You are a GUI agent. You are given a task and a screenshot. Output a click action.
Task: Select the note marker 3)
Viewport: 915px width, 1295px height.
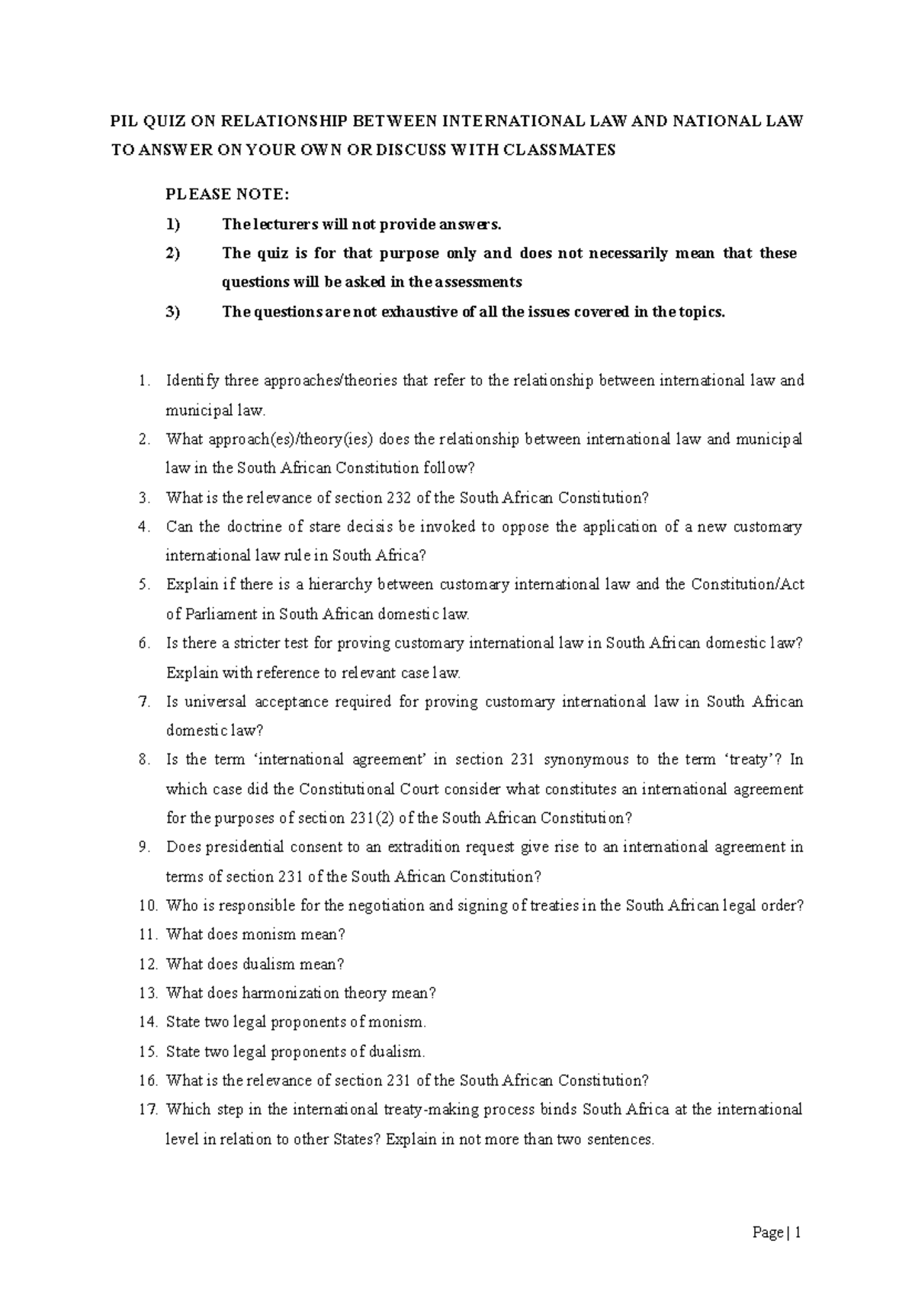(x=173, y=312)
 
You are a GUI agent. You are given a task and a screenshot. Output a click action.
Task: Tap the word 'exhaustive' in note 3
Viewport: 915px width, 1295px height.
(x=419, y=312)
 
